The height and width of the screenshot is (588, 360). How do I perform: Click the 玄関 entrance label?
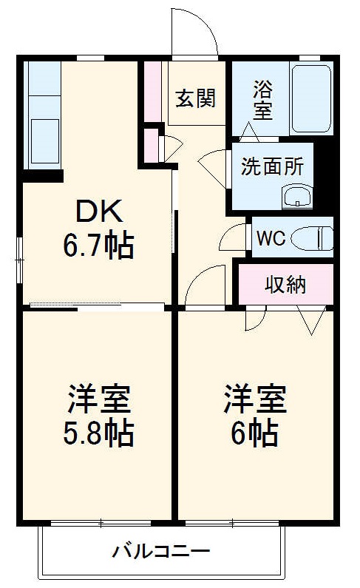195,98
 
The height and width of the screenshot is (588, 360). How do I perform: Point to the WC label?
270,238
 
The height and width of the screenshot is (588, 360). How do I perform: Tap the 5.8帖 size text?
99,433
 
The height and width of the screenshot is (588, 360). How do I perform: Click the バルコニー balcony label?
161,551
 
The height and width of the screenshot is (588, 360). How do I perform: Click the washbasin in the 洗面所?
299,197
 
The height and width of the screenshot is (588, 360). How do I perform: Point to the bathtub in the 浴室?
311,98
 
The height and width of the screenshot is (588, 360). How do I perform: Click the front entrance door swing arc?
194,33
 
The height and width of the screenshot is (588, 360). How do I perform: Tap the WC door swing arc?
233,238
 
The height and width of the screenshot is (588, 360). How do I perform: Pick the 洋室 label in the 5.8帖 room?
99,400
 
